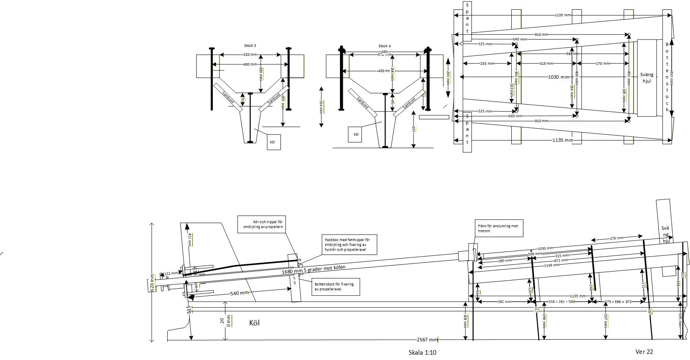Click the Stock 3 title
click(250, 46)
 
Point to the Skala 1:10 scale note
click(422, 352)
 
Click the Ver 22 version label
click(644, 351)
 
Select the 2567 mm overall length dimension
click(427, 340)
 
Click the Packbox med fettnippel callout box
click(350, 244)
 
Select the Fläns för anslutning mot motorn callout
click(499, 228)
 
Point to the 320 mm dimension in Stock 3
click(250, 54)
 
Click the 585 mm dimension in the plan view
click(572, 54)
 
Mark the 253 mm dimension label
click(487, 64)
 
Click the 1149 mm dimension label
click(552, 265)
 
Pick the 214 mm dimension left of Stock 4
click(321, 107)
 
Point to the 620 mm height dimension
click(153, 283)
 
